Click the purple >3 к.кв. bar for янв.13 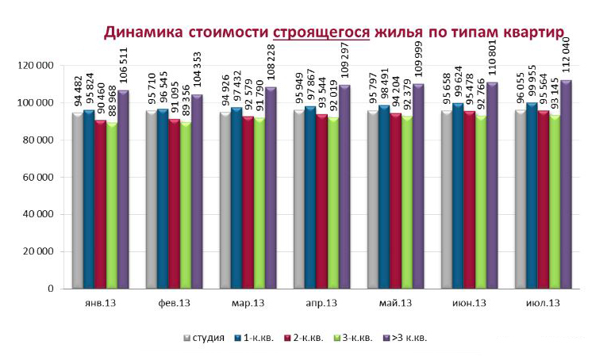(123, 190)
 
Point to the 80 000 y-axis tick (37, 140)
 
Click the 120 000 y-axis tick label (35, 66)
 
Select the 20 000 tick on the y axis (37, 252)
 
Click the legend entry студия (209, 338)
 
